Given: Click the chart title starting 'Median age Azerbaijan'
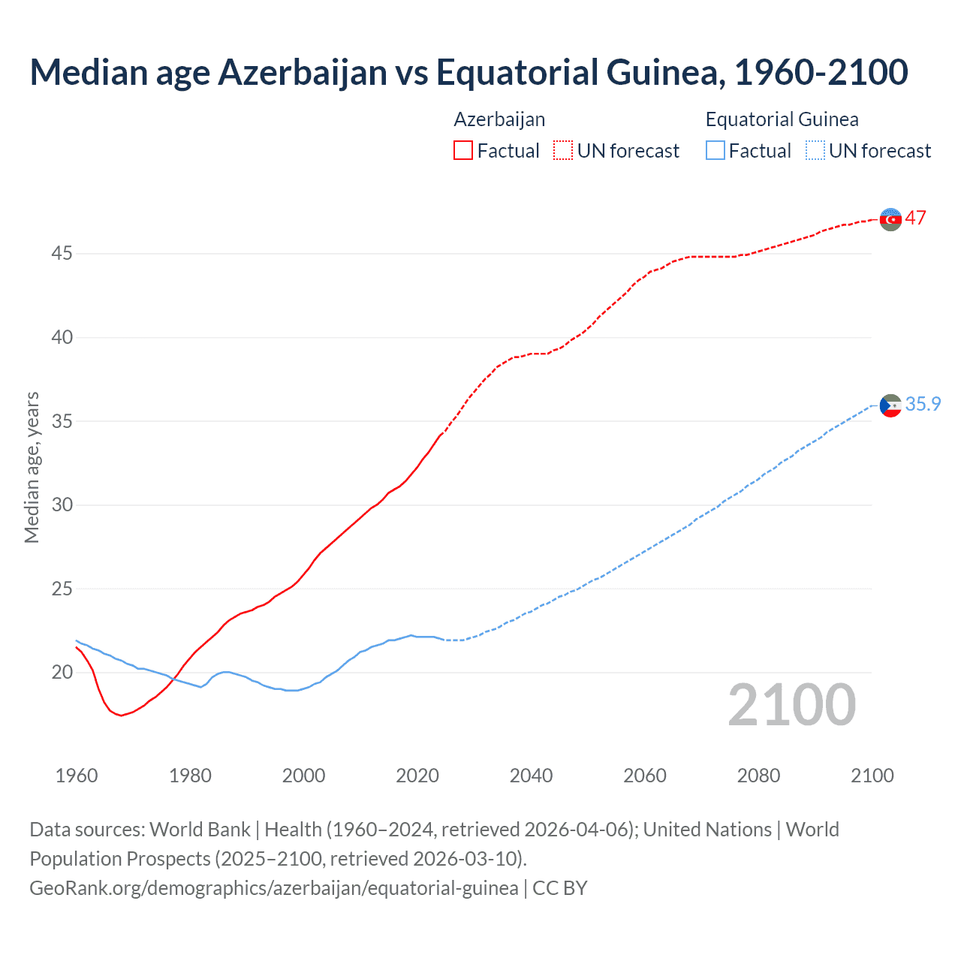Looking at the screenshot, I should click(468, 72).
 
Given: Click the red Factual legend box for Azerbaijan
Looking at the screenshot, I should click(463, 151).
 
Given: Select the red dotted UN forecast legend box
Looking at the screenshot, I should click(563, 151).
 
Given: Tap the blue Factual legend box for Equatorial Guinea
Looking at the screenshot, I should click(715, 151).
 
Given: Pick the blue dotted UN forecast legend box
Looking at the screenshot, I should click(815, 151).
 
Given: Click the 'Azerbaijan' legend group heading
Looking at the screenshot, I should click(499, 119).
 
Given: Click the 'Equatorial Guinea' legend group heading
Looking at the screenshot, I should click(782, 119).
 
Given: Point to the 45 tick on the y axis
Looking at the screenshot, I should click(62, 254).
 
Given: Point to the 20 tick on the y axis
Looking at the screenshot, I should click(62, 672).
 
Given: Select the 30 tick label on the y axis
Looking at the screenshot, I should click(62, 505).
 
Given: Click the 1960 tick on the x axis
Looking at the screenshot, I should click(77, 776).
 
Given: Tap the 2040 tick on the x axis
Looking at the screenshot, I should click(531, 776).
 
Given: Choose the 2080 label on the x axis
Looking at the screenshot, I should click(758, 776).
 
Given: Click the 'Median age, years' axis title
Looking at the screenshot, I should click(32, 467).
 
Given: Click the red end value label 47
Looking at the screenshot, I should click(915, 218).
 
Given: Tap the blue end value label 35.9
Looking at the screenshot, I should click(923, 405).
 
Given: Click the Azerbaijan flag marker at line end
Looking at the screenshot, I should click(890, 219).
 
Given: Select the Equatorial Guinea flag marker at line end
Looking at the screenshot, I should click(890, 405).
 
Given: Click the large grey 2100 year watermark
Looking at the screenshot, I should click(791, 705).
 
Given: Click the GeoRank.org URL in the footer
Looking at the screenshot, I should click(274, 888).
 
